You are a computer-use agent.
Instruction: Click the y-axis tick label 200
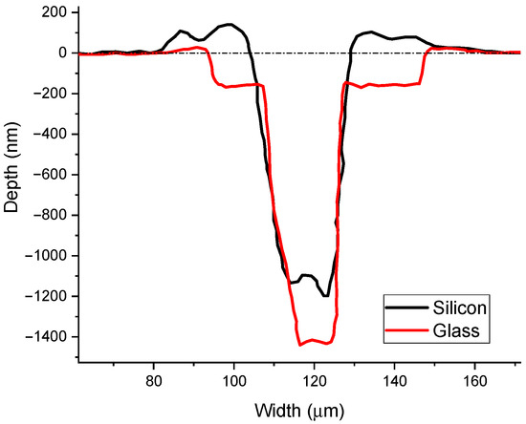[53, 12]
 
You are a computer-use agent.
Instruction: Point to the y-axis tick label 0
[60, 53]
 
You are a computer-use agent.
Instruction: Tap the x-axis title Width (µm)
[298, 410]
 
